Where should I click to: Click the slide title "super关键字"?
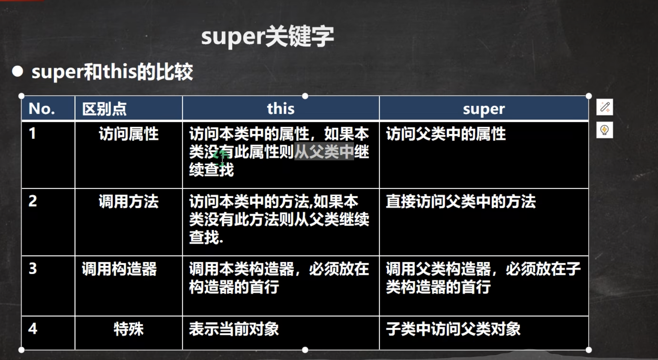click(x=267, y=37)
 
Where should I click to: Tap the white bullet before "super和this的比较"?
click(x=17, y=71)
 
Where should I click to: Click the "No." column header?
click(x=42, y=109)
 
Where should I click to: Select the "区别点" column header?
click(x=104, y=109)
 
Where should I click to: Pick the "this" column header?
click(x=281, y=109)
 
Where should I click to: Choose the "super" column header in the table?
click(x=484, y=109)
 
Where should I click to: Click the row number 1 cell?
click(x=33, y=133)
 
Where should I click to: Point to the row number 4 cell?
click(x=33, y=329)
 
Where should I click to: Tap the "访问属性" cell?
click(x=128, y=134)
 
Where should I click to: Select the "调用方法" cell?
click(x=128, y=201)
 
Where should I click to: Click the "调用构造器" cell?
click(x=119, y=269)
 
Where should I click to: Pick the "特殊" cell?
click(x=128, y=329)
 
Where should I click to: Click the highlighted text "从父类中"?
click(x=324, y=152)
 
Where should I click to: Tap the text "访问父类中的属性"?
click(x=446, y=134)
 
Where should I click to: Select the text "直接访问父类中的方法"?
click(x=461, y=201)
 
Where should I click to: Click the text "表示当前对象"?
click(x=234, y=329)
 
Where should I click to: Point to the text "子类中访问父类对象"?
click(x=453, y=329)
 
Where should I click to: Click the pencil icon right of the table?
click(x=604, y=107)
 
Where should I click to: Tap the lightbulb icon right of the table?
click(x=604, y=130)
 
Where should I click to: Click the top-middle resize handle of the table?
click(x=305, y=96)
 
